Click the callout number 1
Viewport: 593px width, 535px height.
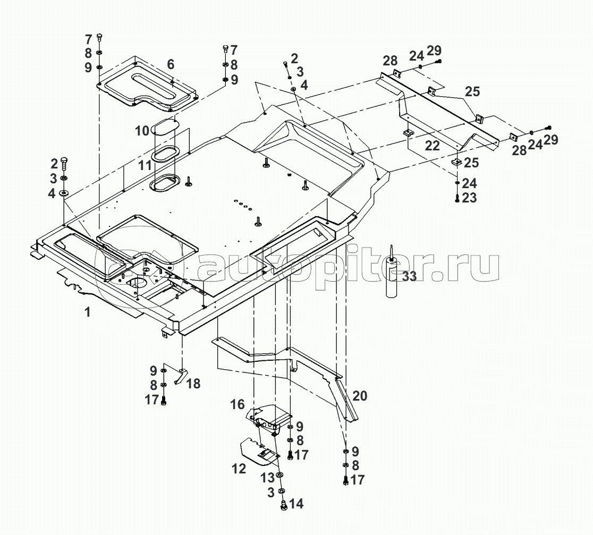pos(88,312)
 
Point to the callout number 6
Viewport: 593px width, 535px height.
pos(171,64)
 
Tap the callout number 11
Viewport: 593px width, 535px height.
pos(145,165)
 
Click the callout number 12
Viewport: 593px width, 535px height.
pos(239,468)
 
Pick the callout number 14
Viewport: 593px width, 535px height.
pos(296,503)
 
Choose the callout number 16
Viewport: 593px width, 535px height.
pos(237,405)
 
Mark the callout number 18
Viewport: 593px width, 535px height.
pos(193,383)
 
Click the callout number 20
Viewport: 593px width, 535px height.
pos(360,395)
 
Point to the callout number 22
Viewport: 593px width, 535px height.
pos(433,146)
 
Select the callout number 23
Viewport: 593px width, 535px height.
pos(469,198)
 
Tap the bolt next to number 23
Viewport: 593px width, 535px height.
pos(457,198)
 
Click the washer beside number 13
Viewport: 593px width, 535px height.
pos(281,474)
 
